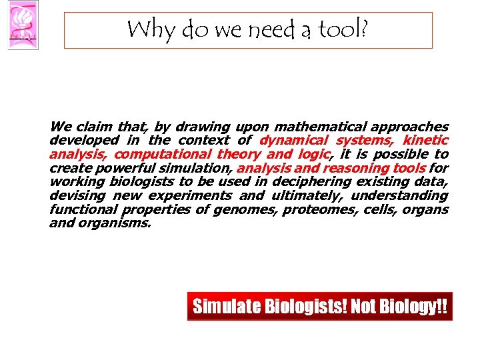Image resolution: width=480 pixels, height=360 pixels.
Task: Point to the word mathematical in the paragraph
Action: tap(319, 127)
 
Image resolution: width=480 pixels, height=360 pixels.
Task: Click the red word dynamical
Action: tap(293, 141)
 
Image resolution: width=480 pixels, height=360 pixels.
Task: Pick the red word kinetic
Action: tap(425, 141)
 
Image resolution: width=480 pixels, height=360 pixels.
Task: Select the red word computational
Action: tap(163, 154)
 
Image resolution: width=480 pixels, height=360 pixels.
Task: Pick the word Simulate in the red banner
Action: tap(223, 307)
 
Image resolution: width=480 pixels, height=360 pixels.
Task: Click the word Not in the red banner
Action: tap(364, 307)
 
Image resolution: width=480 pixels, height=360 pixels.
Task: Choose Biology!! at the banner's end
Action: tap(413, 307)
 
